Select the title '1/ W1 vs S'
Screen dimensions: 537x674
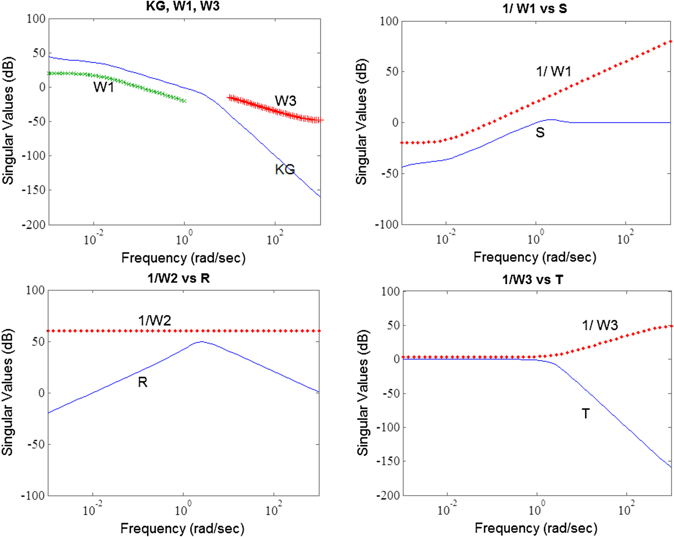pyautogui.click(x=534, y=8)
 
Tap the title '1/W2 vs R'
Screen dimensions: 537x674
pyautogui.click(x=179, y=278)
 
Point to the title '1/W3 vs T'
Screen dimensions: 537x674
pyautogui.click(x=532, y=279)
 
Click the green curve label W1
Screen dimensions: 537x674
pyautogui.click(x=104, y=87)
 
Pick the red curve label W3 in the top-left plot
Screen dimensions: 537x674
pyautogui.click(x=285, y=101)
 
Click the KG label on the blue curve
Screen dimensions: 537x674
pyautogui.click(x=285, y=170)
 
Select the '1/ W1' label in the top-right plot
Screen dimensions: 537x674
pyautogui.click(x=554, y=72)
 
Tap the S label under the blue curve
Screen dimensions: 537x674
pyautogui.click(x=540, y=132)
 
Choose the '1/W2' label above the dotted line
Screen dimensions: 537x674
pyautogui.click(x=155, y=320)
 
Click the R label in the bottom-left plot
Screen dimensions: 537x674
pyautogui.click(x=143, y=382)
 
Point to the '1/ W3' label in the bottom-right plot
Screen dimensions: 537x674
pyautogui.click(x=600, y=326)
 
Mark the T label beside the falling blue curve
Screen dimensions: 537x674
pyautogui.click(x=585, y=414)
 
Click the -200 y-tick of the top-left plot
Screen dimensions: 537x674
pyautogui.click(x=33, y=224)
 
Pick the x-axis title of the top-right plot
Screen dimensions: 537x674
pyautogui.click(x=535, y=257)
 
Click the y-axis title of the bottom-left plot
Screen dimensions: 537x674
pyautogui.click(x=8, y=393)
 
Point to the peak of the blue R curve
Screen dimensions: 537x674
pyautogui.click(x=201, y=342)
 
